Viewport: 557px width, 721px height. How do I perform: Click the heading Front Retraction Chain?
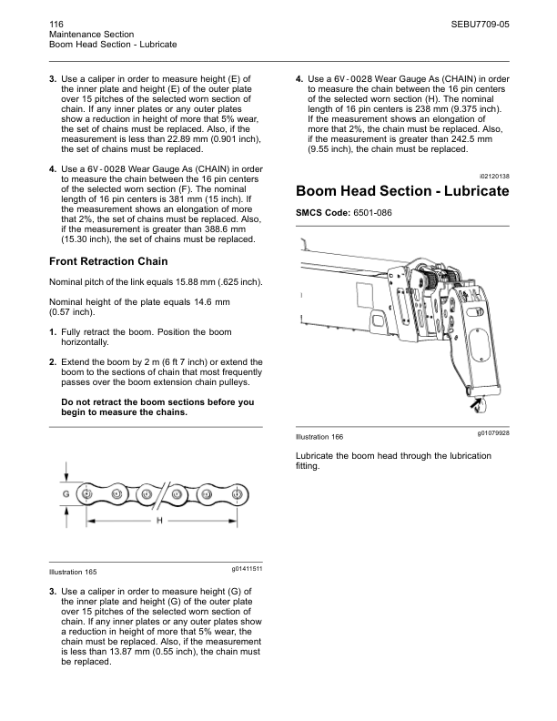click(107, 262)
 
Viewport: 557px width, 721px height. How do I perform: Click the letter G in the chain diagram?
click(66, 493)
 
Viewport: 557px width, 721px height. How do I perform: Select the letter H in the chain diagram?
click(158, 521)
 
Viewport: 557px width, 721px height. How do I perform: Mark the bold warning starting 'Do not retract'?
click(157, 407)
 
